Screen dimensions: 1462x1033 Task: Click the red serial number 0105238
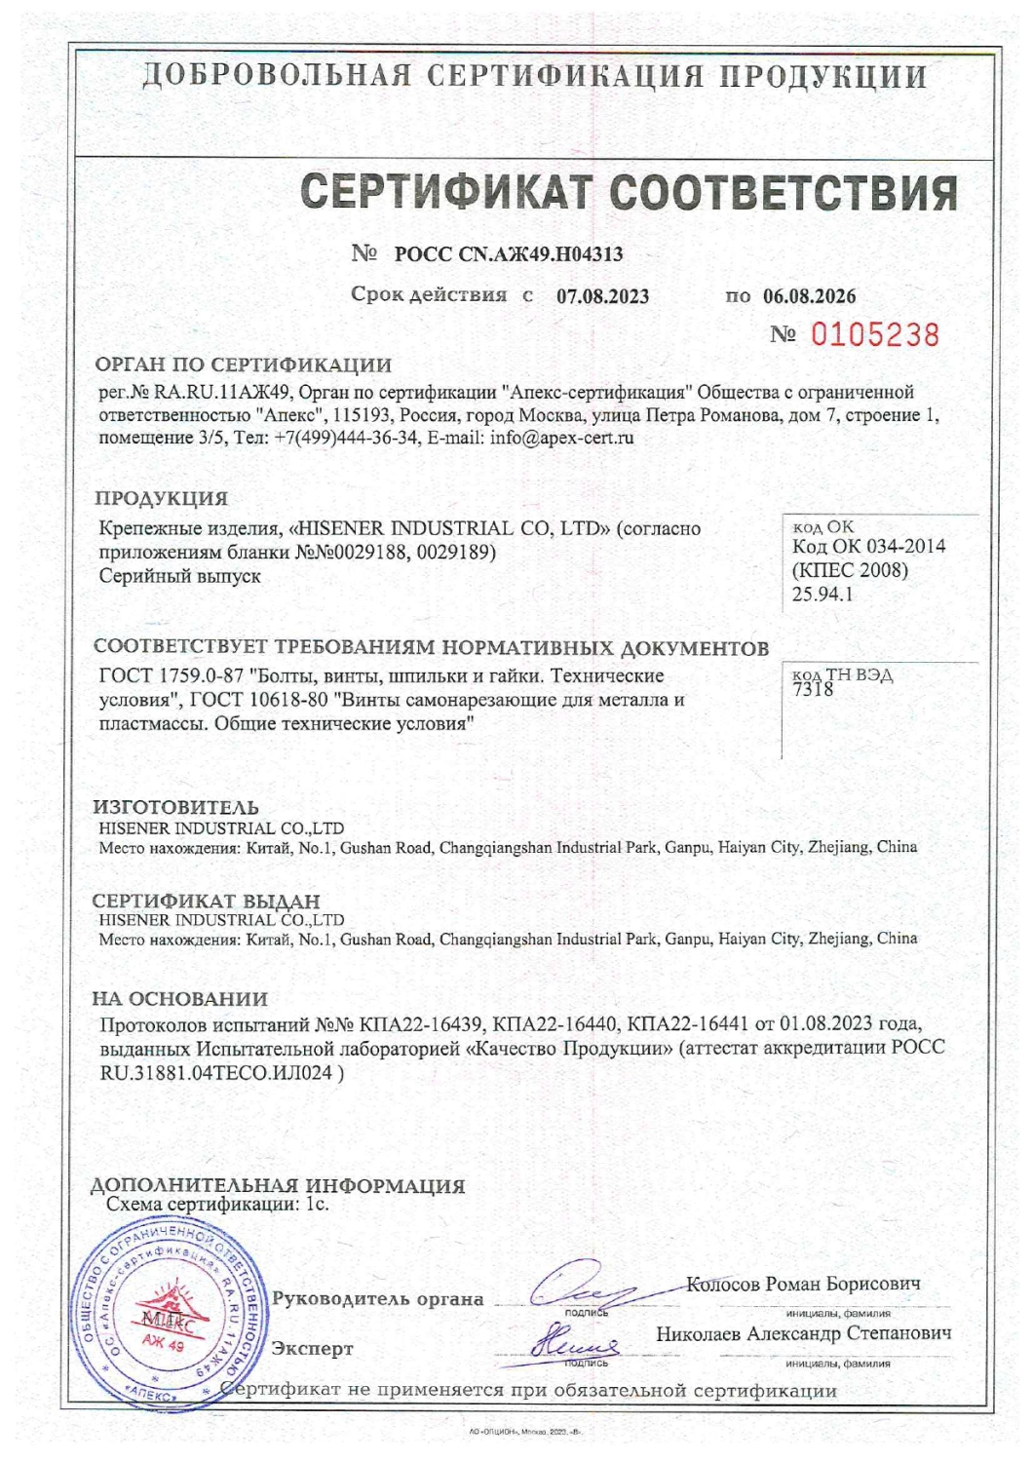tap(874, 335)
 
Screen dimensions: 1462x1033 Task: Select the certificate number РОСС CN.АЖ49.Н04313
tap(508, 254)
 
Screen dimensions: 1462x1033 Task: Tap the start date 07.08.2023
tap(602, 296)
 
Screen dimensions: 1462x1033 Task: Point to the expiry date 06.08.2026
tap(809, 296)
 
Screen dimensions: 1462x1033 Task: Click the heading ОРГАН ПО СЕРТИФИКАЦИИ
tap(243, 365)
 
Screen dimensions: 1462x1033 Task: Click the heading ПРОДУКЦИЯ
tap(161, 498)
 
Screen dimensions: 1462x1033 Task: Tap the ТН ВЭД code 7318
tap(814, 689)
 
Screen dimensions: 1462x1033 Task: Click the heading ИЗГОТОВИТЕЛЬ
tap(175, 807)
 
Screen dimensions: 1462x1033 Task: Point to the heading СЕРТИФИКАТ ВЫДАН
tap(206, 901)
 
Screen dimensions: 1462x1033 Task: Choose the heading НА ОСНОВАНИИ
tap(179, 999)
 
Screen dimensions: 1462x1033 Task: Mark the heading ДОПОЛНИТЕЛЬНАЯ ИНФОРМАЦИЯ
tap(278, 1186)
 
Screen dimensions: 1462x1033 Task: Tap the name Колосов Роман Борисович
tap(803, 1284)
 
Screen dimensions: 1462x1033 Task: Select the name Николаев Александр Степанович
tap(803, 1333)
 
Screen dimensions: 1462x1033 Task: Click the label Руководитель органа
tap(377, 1298)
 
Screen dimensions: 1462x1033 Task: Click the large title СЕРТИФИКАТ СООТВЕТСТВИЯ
tap(629, 192)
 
